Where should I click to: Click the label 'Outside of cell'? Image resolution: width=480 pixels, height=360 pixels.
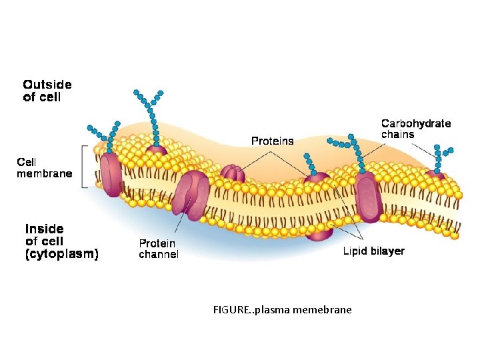coord(47,91)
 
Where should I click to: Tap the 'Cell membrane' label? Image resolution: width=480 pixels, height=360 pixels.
coord(44,168)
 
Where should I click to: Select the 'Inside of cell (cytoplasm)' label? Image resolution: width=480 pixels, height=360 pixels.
coord(61,241)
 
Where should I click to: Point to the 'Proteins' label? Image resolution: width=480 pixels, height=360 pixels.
coord(272,141)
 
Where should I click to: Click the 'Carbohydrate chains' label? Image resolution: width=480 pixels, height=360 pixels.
coord(415,129)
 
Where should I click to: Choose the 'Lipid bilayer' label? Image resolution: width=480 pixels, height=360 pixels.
coord(373,251)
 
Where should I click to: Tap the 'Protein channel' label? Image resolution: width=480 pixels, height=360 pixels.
coord(159,249)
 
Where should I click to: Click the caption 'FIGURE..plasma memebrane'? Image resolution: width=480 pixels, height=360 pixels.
coord(282,310)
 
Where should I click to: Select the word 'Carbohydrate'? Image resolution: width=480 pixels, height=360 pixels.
coord(415,123)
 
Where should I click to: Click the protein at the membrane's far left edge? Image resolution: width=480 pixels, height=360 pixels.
coord(111,175)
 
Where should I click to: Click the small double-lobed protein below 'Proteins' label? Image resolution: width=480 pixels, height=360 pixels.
coord(233,175)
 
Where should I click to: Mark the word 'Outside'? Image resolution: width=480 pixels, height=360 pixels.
coord(47,85)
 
